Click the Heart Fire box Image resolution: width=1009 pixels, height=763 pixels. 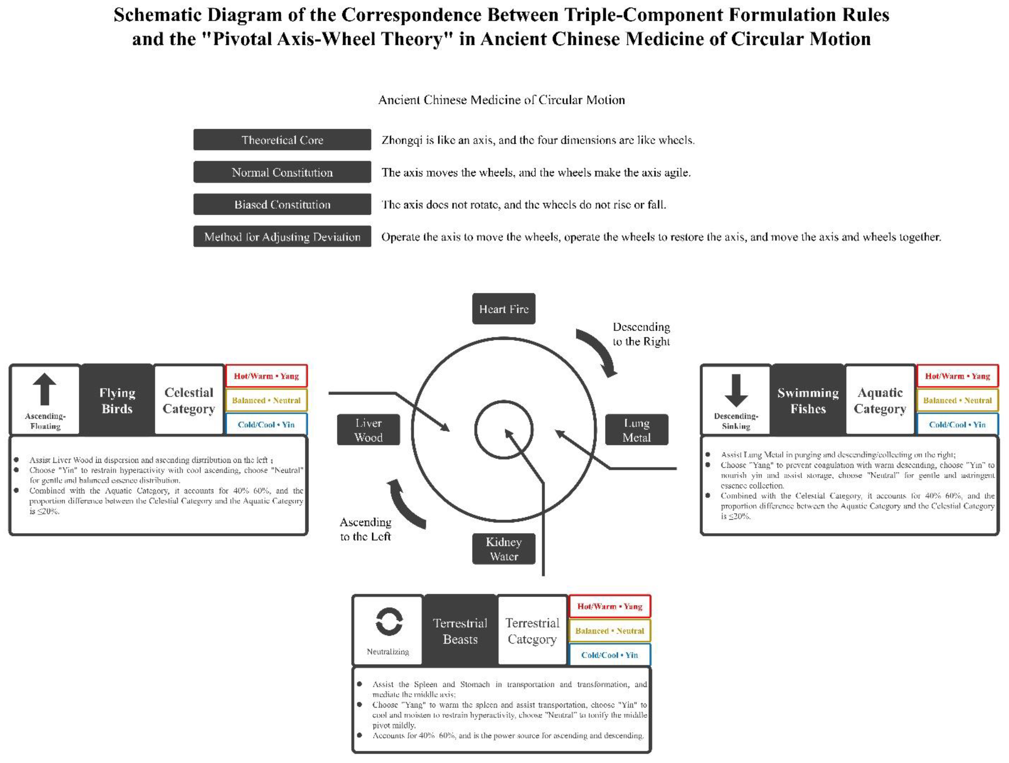[x=504, y=309]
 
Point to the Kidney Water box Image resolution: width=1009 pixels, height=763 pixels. [x=504, y=549]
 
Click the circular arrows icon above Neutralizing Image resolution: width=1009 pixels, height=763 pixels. [x=389, y=621]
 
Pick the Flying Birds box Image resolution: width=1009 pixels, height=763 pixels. [x=117, y=401]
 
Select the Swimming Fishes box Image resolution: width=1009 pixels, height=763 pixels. [x=808, y=401]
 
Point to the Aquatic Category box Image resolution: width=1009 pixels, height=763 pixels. [x=880, y=401]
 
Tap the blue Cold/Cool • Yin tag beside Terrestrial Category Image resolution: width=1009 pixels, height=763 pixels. [x=610, y=655]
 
